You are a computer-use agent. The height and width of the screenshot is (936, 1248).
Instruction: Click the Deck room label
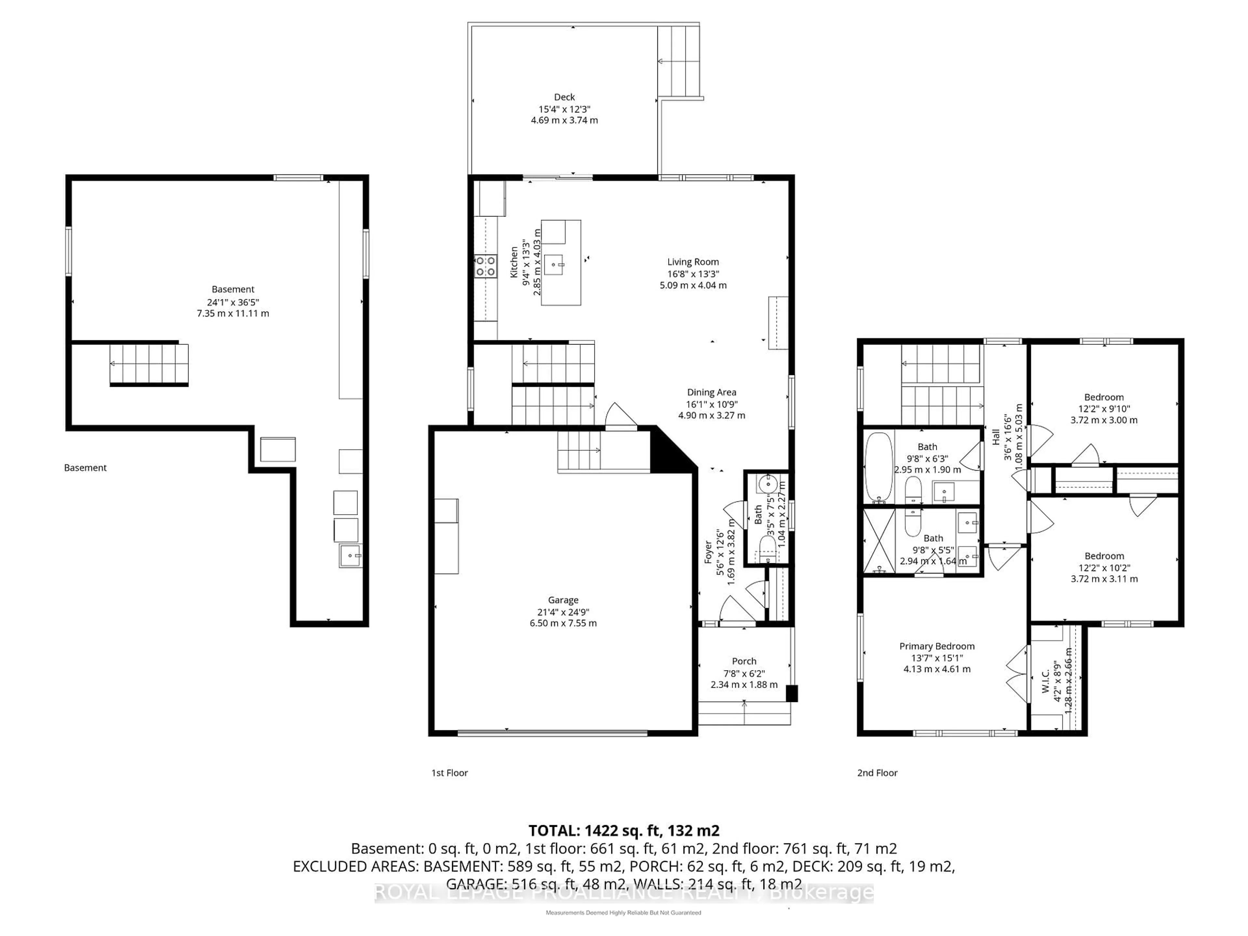pyautogui.click(x=564, y=97)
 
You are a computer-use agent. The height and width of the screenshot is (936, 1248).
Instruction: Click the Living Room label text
pyautogui.click(x=693, y=262)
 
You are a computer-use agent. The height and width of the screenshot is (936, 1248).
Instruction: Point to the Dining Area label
pyautogui.click(x=711, y=392)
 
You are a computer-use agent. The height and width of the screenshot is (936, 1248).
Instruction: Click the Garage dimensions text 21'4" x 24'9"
pyautogui.click(x=563, y=612)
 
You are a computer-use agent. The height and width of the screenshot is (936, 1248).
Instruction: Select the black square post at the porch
pyautogui.click(x=792, y=694)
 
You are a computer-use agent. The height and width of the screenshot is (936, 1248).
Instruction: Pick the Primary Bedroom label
pyautogui.click(x=937, y=646)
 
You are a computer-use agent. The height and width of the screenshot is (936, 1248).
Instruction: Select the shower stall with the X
pyautogui.click(x=879, y=540)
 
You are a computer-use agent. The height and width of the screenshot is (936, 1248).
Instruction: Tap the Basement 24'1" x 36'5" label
pyautogui.click(x=233, y=301)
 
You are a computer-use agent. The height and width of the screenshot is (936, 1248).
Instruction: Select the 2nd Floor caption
pyautogui.click(x=877, y=773)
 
